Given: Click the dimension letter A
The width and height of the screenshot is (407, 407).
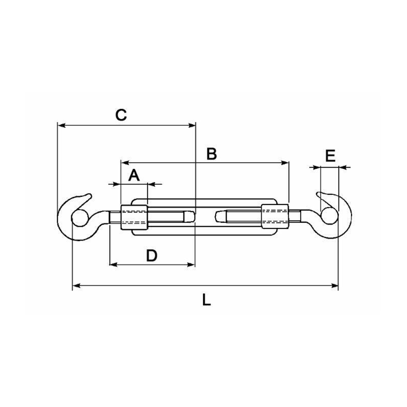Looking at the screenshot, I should pos(134,176).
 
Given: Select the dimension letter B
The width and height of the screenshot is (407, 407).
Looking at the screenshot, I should pos(212,154).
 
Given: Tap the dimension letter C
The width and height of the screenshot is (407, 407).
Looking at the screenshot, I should pos(121,115).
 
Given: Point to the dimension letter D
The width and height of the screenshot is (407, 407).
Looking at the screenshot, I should pos(152,256).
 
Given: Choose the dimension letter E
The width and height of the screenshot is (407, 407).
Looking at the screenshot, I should pos(330,156).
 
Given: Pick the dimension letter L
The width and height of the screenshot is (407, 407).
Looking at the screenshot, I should pos(206,300).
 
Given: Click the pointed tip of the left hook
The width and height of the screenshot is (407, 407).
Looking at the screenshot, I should pos(90,194).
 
